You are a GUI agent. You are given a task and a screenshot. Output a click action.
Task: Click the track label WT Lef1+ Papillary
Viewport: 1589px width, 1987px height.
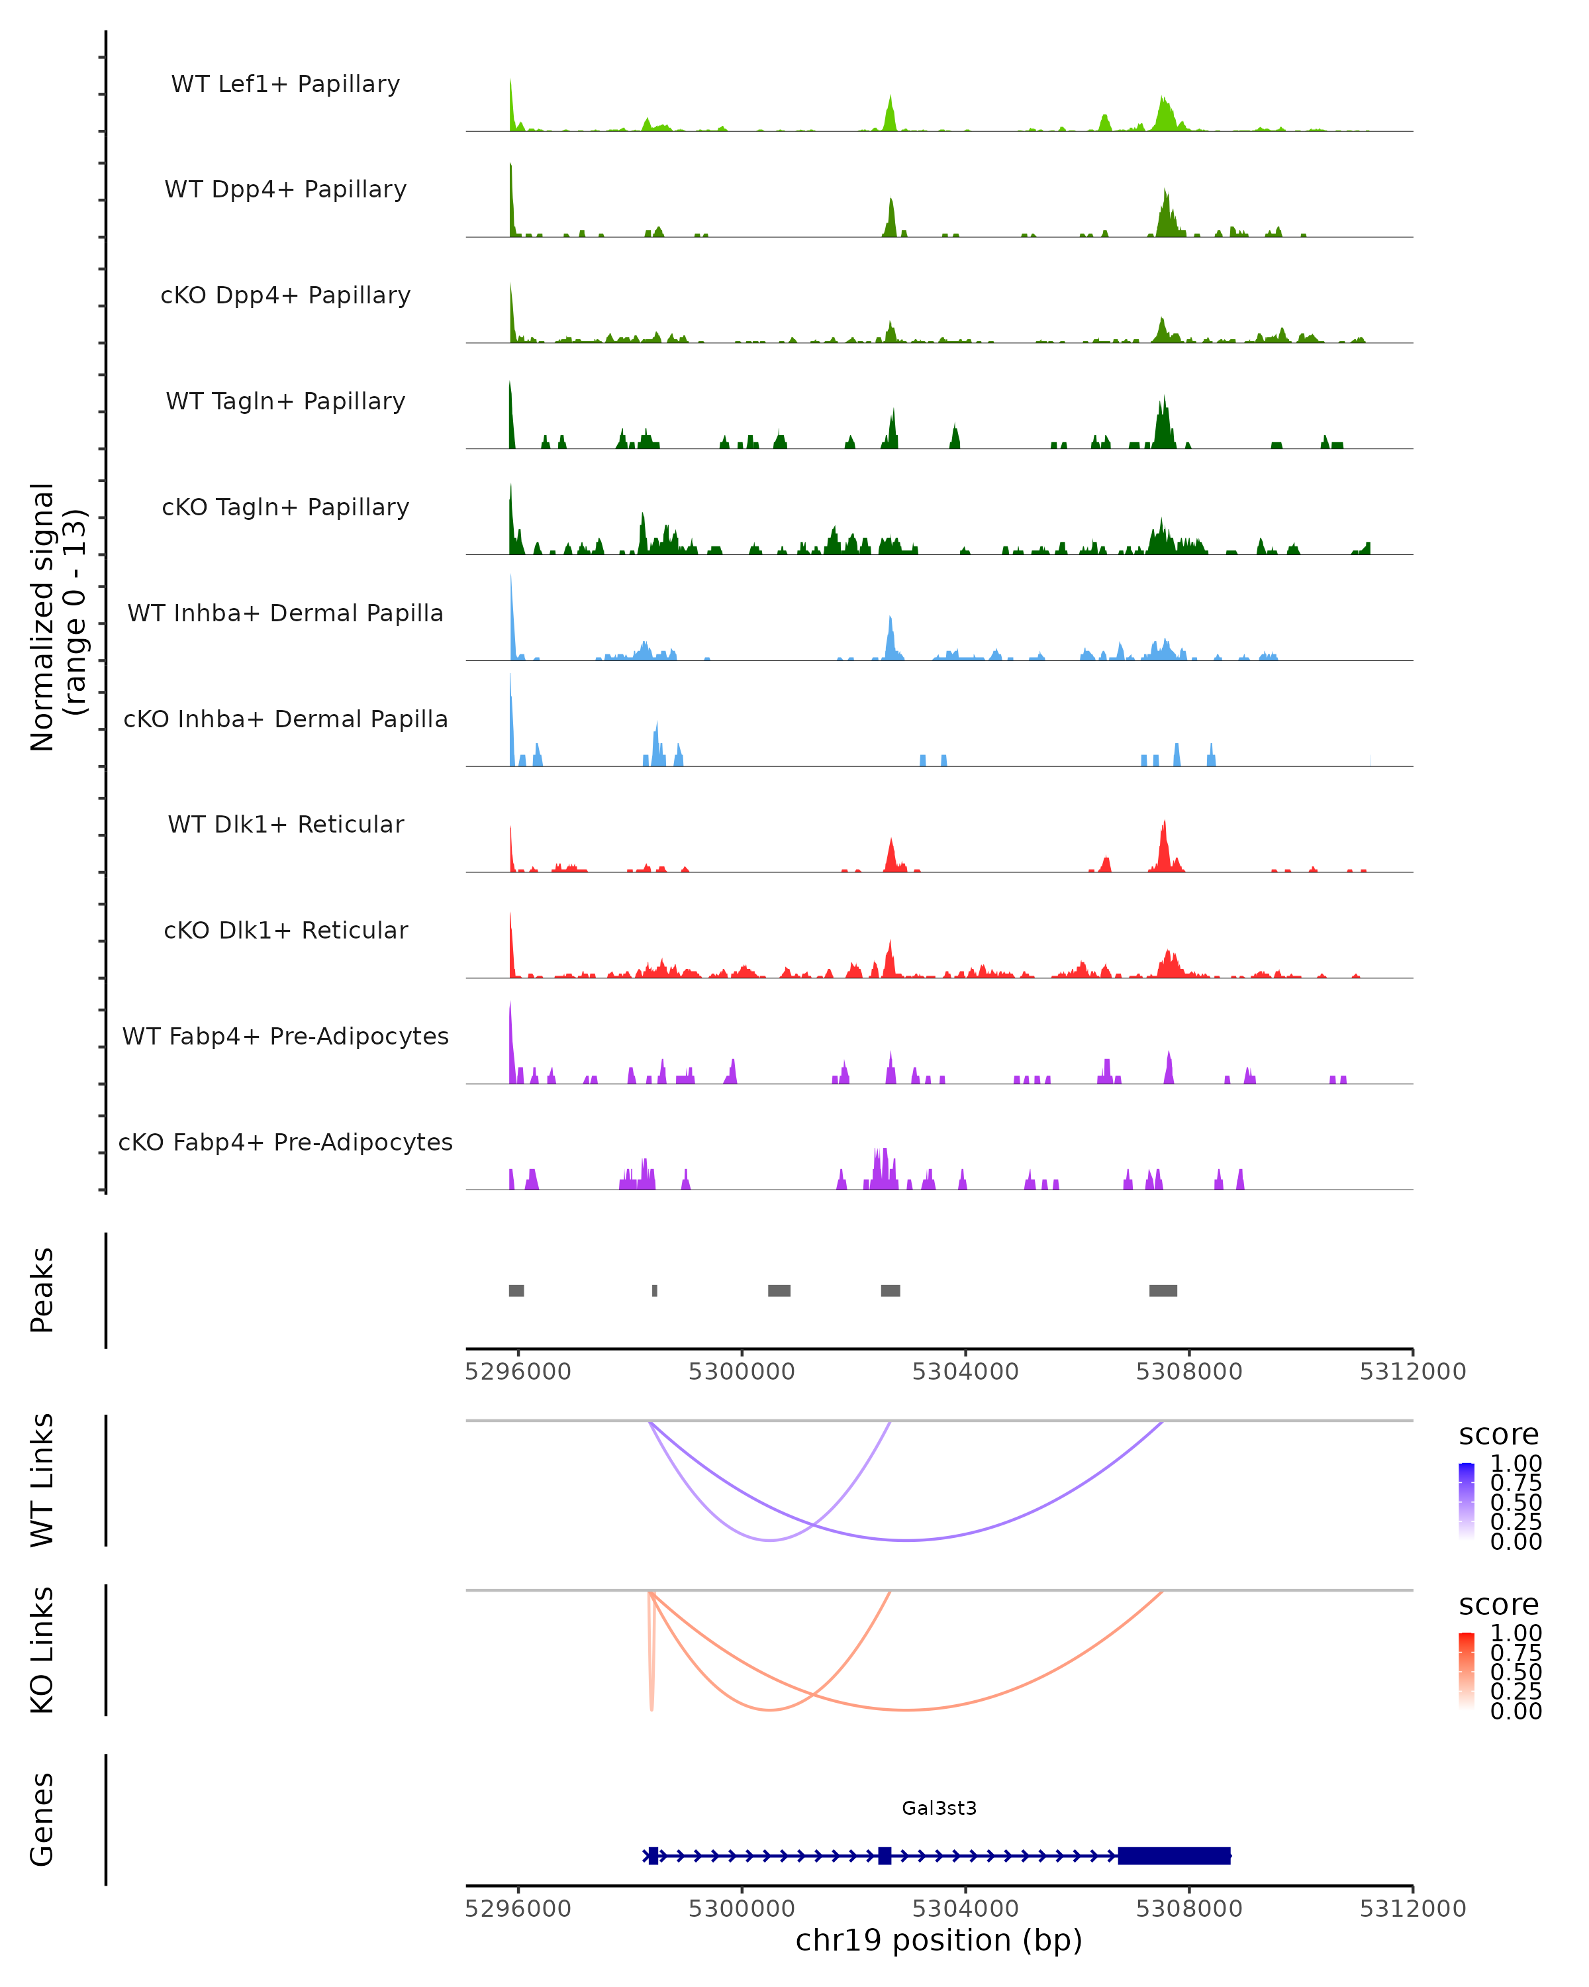click(285, 84)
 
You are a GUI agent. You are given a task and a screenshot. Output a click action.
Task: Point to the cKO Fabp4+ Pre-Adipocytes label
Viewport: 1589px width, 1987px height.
click(285, 1142)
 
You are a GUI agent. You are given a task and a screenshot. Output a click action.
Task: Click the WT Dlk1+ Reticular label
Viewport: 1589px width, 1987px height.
click(285, 824)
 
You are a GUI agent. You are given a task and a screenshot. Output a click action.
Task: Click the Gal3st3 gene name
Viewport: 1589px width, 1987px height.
click(939, 1808)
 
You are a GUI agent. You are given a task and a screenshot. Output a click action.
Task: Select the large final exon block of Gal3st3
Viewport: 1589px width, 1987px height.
click(1175, 1855)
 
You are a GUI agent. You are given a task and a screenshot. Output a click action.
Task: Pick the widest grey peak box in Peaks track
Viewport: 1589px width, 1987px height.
click(1163, 1290)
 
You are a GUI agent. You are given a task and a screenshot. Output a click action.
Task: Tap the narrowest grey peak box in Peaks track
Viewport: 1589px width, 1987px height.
click(655, 1290)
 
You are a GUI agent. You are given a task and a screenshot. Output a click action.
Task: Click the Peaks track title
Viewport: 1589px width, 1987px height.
click(42, 1290)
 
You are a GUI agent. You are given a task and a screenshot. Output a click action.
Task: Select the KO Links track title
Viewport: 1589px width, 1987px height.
click(42, 1650)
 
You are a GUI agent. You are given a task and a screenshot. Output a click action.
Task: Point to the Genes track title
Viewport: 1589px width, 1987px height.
click(42, 1819)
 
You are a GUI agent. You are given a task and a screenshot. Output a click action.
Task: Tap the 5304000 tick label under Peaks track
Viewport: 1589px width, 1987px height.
click(965, 1372)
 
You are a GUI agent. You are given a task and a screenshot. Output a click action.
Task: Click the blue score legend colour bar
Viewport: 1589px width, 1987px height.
click(1467, 1500)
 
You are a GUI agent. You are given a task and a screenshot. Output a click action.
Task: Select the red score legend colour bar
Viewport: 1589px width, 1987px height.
click(1467, 1670)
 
